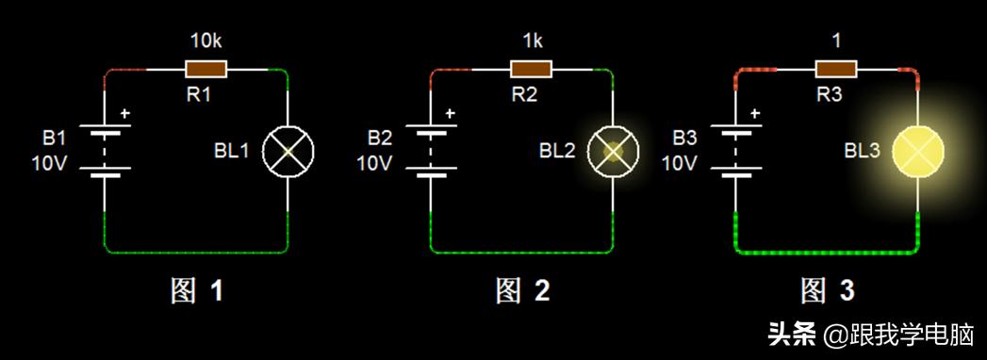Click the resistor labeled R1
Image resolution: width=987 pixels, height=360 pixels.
206,69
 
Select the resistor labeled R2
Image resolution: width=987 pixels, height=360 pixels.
531,69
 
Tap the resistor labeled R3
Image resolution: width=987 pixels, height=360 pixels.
835,69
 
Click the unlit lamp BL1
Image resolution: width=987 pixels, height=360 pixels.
287,150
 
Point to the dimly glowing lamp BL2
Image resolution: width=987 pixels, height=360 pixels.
613,150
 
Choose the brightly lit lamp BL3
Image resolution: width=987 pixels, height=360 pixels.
917,150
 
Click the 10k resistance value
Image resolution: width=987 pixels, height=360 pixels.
206,42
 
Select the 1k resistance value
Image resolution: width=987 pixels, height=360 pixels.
531,42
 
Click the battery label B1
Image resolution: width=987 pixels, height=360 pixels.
55,139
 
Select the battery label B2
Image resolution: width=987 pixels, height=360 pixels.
379,139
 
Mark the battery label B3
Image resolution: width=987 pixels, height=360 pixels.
684,139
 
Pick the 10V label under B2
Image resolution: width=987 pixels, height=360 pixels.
374,163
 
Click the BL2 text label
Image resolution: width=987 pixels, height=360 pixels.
557,150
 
